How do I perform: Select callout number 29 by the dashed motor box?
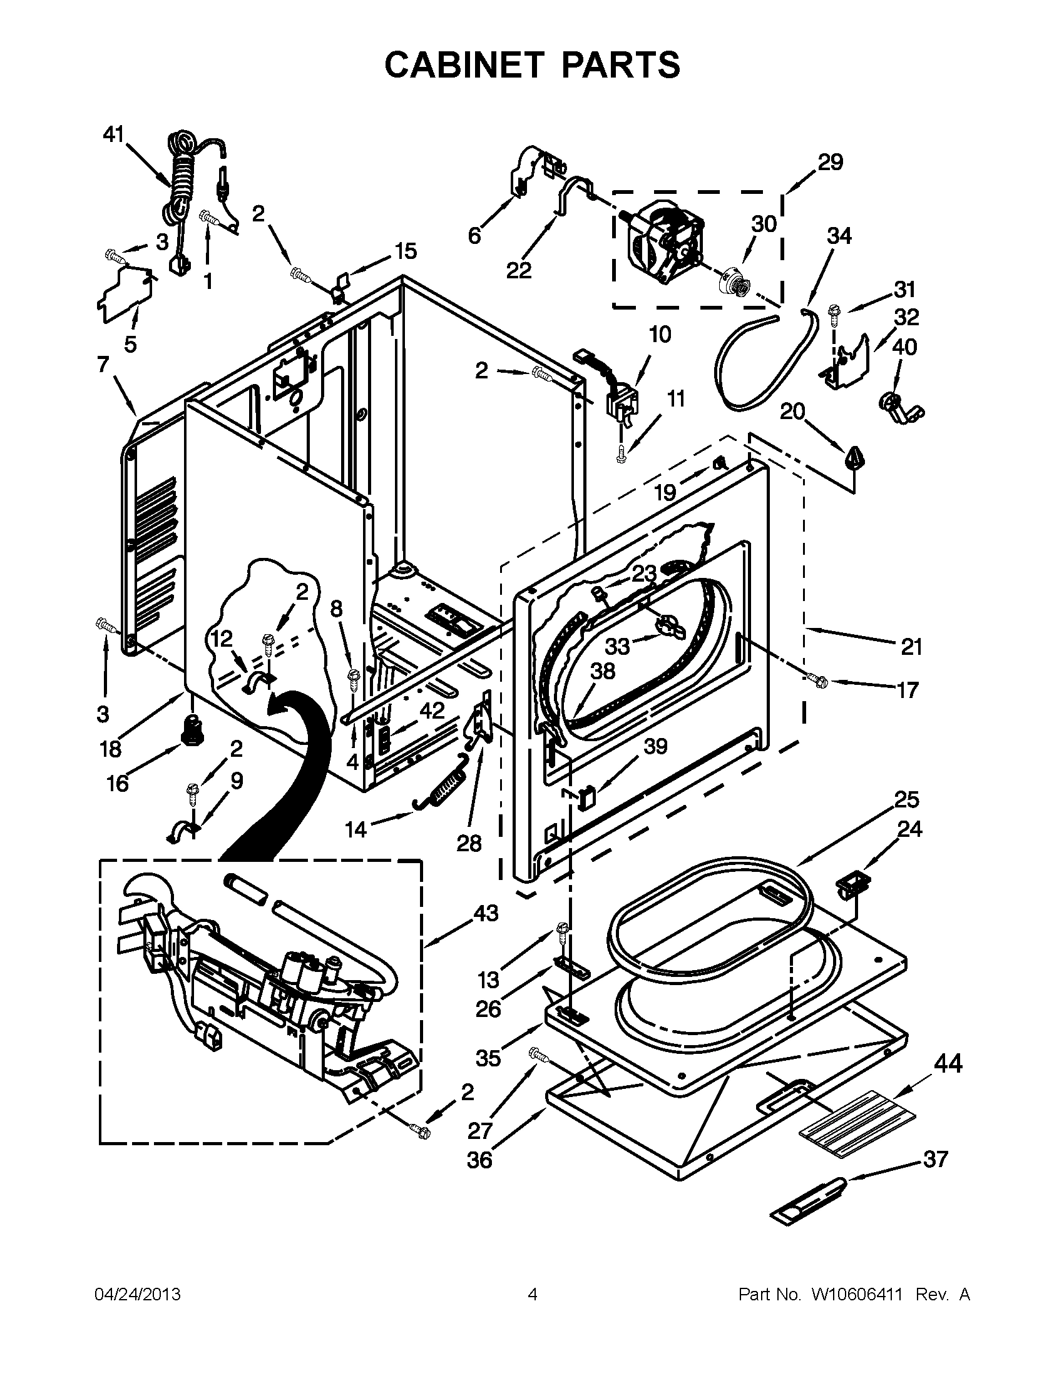pyautogui.click(x=831, y=163)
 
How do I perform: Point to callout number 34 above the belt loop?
pyautogui.click(x=839, y=236)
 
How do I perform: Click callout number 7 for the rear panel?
pyautogui.click(x=103, y=364)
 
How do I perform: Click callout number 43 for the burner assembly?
pyautogui.click(x=486, y=913)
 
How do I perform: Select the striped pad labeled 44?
pyautogui.click(x=857, y=1115)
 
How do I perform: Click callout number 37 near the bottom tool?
pyautogui.click(x=936, y=1158)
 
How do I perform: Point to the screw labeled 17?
pyautogui.click(x=817, y=679)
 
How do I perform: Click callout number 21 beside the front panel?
pyautogui.click(x=911, y=647)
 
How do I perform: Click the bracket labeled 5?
pyautogui.click(x=126, y=293)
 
